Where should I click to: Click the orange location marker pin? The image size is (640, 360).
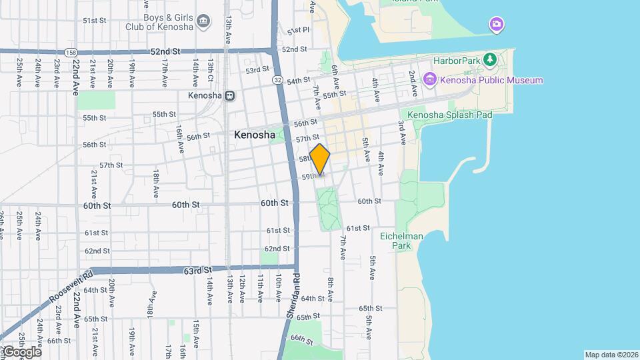coord(320,159)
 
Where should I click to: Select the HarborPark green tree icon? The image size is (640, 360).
coord(490,60)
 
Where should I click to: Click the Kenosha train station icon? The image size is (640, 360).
coord(229,95)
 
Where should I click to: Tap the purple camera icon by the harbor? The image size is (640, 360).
coord(496,25)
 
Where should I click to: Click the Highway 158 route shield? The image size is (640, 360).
coord(71,51)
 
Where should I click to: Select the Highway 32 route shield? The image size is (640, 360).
coord(276,79)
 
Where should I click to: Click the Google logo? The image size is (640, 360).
coord(21,351)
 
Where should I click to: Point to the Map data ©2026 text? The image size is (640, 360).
coord(611,355)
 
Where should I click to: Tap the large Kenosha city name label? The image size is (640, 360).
coord(255,135)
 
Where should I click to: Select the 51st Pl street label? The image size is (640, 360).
coord(298,31)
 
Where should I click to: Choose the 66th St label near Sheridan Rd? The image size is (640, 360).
coord(302,339)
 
